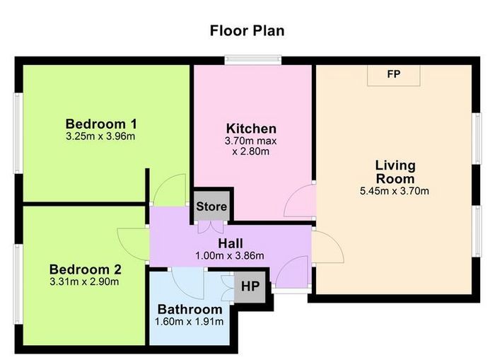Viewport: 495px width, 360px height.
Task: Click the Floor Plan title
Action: click(x=248, y=31)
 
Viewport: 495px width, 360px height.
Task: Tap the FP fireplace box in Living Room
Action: click(x=394, y=76)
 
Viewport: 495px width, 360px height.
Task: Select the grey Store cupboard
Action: click(x=211, y=206)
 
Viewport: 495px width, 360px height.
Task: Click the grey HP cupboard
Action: click(x=250, y=286)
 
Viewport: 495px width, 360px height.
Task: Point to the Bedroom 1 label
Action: click(x=101, y=124)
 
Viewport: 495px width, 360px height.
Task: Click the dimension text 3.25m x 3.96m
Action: click(x=100, y=137)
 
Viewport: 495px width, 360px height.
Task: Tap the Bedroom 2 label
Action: click(x=86, y=269)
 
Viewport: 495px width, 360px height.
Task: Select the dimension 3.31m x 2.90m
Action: click(x=84, y=281)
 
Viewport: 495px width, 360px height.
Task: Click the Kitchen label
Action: click(x=251, y=129)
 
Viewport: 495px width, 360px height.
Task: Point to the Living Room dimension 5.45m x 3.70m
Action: click(x=395, y=191)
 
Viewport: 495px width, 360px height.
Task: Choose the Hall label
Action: click(x=231, y=243)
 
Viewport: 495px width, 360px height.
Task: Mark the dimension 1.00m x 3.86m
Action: click(x=230, y=255)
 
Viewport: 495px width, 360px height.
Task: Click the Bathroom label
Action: click(x=190, y=310)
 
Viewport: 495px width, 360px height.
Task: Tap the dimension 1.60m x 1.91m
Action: click(x=190, y=322)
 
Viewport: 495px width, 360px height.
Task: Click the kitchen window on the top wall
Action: click(x=253, y=60)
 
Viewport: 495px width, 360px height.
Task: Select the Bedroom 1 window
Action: click(x=18, y=133)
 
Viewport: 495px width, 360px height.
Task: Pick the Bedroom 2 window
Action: click(x=18, y=284)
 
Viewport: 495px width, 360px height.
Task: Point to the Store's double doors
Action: click(x=211, y=227)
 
